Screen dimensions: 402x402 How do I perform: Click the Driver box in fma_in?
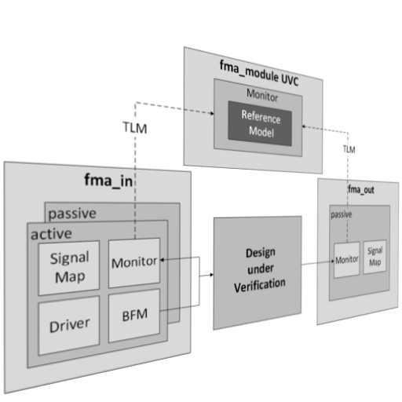[69, 326]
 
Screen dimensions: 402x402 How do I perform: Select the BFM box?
[134, 315]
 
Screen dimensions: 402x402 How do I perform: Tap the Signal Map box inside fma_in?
[69, 268]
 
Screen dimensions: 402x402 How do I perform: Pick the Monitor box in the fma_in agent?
[134, 262]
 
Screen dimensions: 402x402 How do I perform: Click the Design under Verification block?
[258, 272]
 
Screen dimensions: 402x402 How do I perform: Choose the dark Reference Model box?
[260, 123]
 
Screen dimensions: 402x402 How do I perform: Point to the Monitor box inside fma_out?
[347, 260]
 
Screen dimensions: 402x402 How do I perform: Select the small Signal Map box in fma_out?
[375, 257]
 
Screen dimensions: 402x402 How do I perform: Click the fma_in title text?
[108, 181]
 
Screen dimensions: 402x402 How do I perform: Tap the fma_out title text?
[361, 189]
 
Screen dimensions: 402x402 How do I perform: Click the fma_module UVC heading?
[259, 73]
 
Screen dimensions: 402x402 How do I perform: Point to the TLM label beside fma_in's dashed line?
[135, 128]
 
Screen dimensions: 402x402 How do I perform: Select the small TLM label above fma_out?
[349, 149]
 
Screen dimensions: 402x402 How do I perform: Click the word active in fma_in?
[51, 234]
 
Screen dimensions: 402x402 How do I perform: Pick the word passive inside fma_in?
[72, 214]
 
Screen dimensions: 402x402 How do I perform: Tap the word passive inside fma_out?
[342, 214]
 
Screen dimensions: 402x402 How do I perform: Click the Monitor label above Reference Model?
[262, 95]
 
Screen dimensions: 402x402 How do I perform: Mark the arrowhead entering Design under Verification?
[211, 275]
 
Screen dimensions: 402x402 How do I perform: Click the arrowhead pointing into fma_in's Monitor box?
[163, 260]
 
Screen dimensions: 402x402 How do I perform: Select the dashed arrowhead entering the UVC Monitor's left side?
[212, 113]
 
